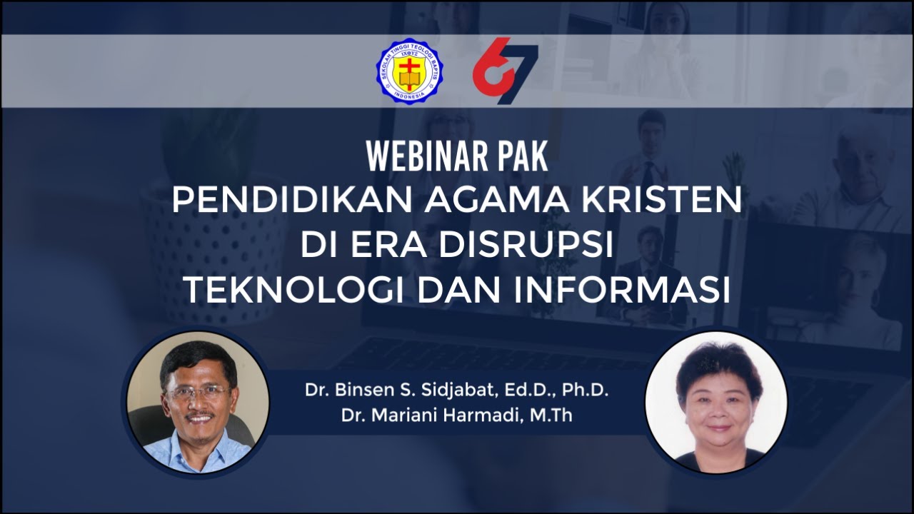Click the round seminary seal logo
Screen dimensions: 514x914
coord(409,71)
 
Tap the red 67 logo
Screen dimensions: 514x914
coord(505,71)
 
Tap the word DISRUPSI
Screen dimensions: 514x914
coord(526,246)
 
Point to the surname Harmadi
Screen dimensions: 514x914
coord(486,415)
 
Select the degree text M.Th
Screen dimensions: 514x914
coord(551,415)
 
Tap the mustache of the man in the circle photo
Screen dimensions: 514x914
coord(197,415)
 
